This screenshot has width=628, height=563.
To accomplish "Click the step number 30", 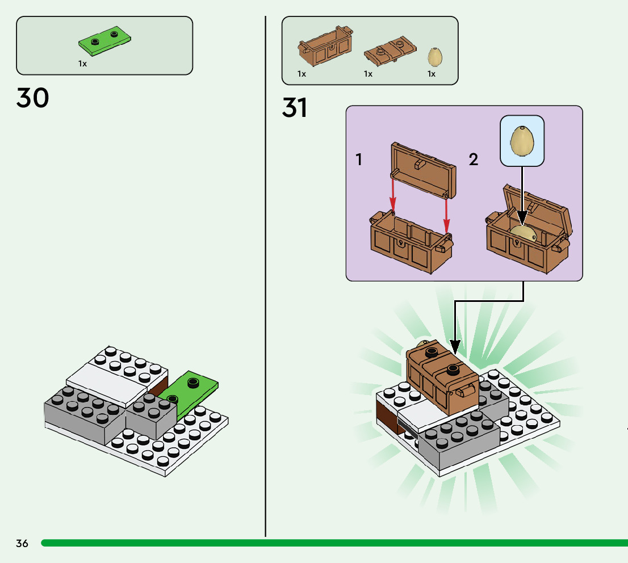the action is [33, 98].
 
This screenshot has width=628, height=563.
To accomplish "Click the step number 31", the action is [295, 108].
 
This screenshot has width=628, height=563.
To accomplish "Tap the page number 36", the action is [22, 543].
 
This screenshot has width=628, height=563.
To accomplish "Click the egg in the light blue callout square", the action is [522, 141].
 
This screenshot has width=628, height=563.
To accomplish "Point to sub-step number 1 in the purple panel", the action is [359, 160].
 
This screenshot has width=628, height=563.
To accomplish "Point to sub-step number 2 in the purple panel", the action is [474, 160].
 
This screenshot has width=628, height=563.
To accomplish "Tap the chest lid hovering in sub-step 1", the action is [423, 170].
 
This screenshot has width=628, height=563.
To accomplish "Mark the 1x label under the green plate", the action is [83, 64].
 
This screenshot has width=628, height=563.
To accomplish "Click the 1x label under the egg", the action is [432, 74].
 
